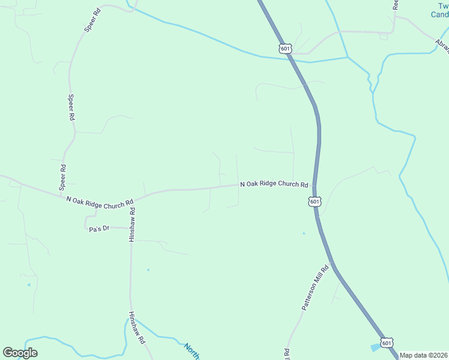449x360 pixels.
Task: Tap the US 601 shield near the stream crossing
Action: pyautogui.click(x=285, y=48)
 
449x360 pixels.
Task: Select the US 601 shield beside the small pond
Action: pyautogui.click(x=387, y=343)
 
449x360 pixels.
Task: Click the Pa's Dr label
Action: pyautogui.click(x=100, y=229)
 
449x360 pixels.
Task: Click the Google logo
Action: pyautogui.click(x=20, y=353)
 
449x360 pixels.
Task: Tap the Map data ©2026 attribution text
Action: pyautogui.click(x=423, y=355)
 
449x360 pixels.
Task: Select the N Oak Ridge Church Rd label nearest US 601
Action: pyautogui.click(x=274, y=185)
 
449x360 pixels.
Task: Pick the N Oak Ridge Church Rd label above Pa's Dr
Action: pyautogui.click(x=99, y=203)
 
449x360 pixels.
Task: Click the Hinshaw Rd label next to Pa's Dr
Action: pyautogui.click(x=133, y=225)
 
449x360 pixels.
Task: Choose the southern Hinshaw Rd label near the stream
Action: pyautogui.click(x=137, y=328)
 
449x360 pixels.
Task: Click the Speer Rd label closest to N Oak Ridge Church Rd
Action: pyautogui.click(x=62, y=178)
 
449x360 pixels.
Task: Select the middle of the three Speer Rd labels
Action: pyautogui.click(x=71, y=108)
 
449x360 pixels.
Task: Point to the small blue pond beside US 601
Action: pyautogui.click(x=376, y=347)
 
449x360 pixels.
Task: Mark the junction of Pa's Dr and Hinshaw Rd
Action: pyautogui.click(x=130, y=229)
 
